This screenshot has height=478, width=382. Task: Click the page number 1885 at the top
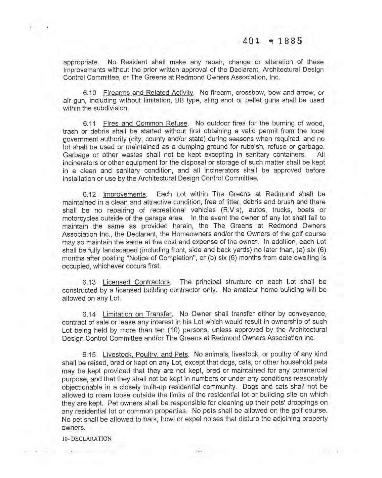pos(288,41)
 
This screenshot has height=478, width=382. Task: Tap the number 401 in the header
pos(251,41)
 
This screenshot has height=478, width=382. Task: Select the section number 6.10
pos(89,93)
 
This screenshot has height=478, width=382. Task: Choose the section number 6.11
pos(89,124)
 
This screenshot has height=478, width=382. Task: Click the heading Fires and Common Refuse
pos(146,124)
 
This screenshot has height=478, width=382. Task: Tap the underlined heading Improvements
pos(125,195)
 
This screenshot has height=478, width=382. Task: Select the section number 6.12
pos(89,195)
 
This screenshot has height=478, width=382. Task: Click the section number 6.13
pos(89,282)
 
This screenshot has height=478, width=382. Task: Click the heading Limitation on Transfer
pos(137,315)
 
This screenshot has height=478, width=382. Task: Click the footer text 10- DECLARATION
pos(87,439)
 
